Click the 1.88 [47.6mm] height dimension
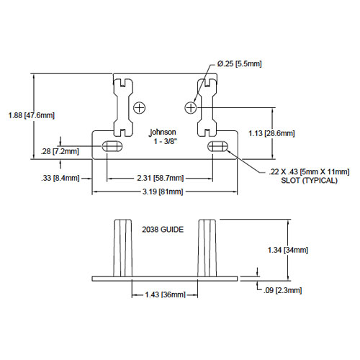(x=32, y=115)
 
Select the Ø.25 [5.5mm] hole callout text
(x=239, y=63)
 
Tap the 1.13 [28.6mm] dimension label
(x=271, y=133)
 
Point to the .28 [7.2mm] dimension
(x=60, y=151)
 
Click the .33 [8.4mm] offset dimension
(x=60, y=178)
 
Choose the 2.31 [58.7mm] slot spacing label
(x=161, y=178)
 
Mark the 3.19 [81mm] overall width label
(x=163, y=192)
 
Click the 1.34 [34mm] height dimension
(x=288, y=250)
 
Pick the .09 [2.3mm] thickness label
(x=282, y=290)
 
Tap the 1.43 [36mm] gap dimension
(x=166, y=294)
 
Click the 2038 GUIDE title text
(x=163, y=230)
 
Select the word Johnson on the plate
(x=163, y=132)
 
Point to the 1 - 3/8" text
(x=166, y=141)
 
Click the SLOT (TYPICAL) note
(x=309, y=181)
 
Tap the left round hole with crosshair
(x=139, y=108)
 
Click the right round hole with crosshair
(x=191, y=108)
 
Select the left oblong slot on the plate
(x=112, y=146)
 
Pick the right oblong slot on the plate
(x=217, y=146)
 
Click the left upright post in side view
(x=122, y=248)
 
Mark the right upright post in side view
(x=207, y=248)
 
